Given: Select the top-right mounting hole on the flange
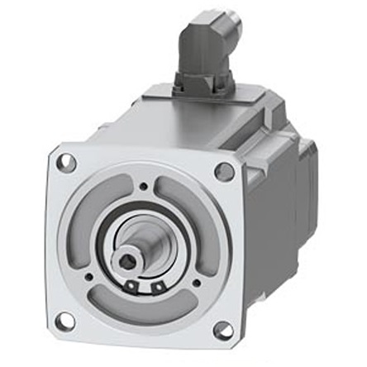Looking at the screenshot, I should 224,172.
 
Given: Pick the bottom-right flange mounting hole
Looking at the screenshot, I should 223,330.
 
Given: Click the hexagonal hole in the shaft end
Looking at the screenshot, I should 125,263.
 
